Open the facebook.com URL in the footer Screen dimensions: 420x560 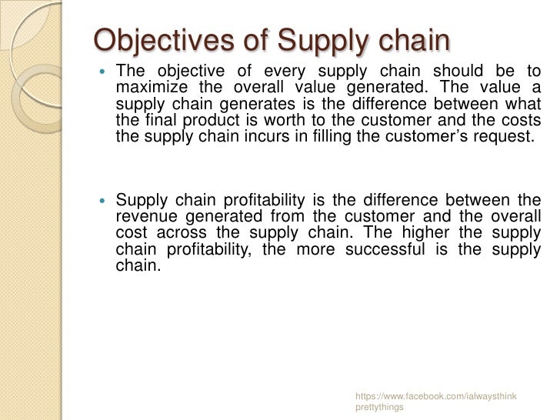tap(435, 396)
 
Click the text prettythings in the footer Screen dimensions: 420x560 tap(379, 408)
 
